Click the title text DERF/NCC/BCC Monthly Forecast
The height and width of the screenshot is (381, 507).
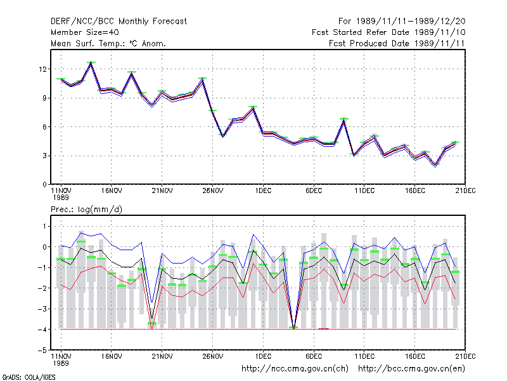click(119, 22)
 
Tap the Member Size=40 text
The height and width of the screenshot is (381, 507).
click(85, 32)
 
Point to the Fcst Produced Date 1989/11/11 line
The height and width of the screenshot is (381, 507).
click(397, 43)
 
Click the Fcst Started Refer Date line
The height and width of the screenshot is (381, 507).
click(388, 32)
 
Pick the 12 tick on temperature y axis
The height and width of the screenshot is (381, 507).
click(42, 69)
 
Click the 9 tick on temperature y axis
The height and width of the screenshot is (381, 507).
click(44, 98)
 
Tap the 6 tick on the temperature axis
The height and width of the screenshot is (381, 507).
click(44, 127)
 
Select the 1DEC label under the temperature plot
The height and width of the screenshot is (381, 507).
click(263, 191)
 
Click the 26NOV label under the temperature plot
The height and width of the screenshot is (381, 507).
click(213, 191)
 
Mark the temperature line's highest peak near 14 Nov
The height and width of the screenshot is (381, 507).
click(91, 62)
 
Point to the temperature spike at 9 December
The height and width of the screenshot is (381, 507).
click(344, 119)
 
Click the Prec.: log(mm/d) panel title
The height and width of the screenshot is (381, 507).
click(86, 210)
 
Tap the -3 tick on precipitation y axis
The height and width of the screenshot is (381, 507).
click(42, 309)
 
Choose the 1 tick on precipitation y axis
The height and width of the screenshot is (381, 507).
click(44, 227)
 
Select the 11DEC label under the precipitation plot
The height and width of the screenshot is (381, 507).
click(364, 356)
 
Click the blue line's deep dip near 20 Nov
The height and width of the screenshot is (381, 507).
click(151, 302)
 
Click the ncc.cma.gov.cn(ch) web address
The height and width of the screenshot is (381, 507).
click(295, 369)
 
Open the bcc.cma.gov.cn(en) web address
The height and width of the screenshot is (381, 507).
click(411, 369)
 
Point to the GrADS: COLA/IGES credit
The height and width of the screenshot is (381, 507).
click(29, 377)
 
